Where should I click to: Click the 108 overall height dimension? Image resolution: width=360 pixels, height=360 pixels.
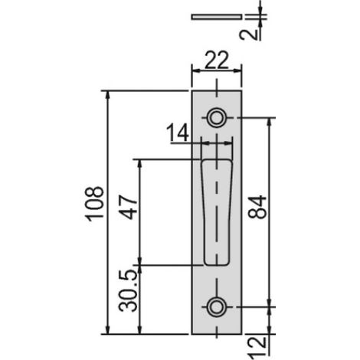[x=94, y=204]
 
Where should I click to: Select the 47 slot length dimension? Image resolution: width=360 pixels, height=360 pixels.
[x=128, y=207]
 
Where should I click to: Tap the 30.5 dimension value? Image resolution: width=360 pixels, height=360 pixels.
[x=128, y=290]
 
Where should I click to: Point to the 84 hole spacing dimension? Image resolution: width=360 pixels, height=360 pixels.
[x=257, y=207]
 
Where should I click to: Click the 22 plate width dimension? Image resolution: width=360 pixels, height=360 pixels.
[x=217, y=61]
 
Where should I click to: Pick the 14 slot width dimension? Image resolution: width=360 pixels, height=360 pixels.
[x=178, y=133]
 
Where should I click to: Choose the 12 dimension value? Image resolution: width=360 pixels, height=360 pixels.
[x=257, y=347]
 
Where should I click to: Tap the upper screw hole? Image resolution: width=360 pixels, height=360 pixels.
[x=217, y=118]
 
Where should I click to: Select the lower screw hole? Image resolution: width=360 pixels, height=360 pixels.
[x=217, y=307]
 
